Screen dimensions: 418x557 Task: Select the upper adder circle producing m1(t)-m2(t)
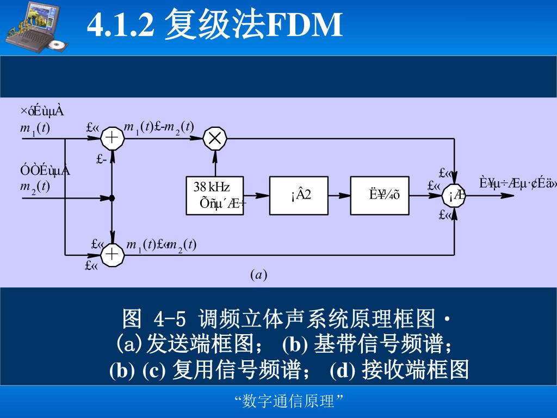(x=113, y=138)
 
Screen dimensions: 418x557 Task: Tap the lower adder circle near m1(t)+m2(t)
(x=113, y=254)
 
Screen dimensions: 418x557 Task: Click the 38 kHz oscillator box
(x=215, y=195)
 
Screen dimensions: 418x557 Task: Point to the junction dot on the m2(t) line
(x=112, y=198)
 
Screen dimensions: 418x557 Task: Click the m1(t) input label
(x=35, y=128)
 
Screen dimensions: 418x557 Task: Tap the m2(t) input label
(x=35, y=186)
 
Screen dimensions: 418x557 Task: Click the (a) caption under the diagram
(x=258, y=275)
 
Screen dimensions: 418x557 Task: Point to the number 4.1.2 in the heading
(x=122, y=24)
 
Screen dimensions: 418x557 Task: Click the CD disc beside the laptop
(x=58, y=45)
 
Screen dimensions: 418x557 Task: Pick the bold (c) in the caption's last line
(x=153, y=371)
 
